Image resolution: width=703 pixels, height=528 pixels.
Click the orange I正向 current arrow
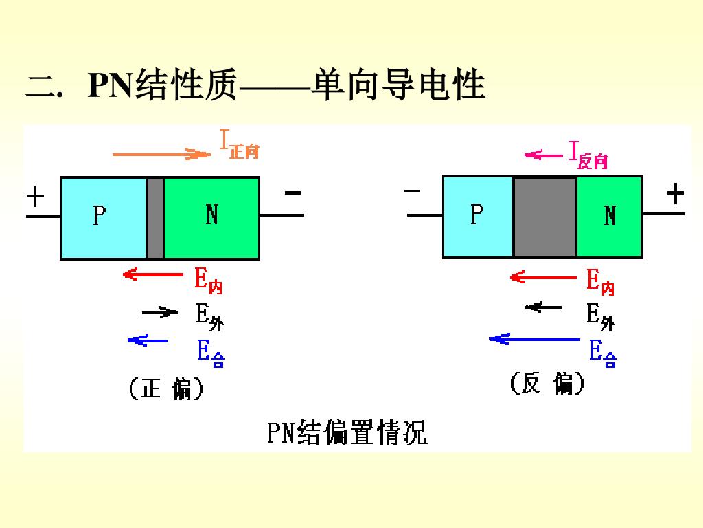pos(161,154)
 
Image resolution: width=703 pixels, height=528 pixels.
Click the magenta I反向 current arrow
pos(544,155)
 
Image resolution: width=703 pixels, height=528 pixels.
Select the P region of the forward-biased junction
pos(103,218)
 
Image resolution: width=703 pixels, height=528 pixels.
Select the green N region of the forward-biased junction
pos(211,218)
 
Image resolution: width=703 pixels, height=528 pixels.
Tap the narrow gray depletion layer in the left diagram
pos(155,218)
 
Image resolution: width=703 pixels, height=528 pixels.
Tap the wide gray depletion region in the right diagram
pos(545,217)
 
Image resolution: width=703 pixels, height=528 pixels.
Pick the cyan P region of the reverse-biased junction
pos(478,217)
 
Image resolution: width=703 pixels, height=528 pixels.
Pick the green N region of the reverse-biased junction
pos(609,217)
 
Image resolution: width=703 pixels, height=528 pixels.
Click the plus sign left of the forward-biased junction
pos(35,197)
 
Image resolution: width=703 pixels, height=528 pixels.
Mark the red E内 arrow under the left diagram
pos(153,275)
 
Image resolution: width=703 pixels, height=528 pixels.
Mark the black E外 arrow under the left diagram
pos(159,313)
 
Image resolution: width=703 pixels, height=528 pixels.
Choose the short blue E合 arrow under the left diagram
pos(148,340)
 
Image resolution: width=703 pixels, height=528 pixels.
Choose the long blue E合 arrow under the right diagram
pos(534,339)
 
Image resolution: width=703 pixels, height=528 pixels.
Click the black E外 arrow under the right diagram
pos(543,307)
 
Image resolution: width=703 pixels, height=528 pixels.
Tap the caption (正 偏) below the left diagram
pos(166,390)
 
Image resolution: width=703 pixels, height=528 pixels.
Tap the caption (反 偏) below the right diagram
pos(547,384)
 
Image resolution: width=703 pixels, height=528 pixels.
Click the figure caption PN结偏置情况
pos(347,433)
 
